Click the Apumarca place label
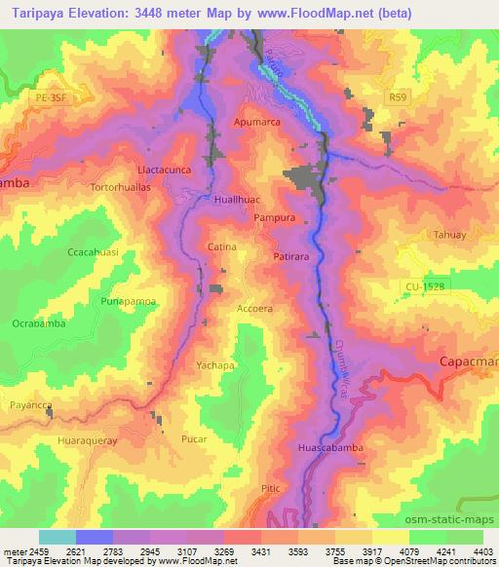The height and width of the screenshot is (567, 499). pyautogui.click(x=256, y=123)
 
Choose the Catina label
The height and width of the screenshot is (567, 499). pyautogui.click(x=222, y=247)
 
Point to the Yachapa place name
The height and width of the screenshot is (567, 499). pyautogui.click(x=216, y=365)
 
